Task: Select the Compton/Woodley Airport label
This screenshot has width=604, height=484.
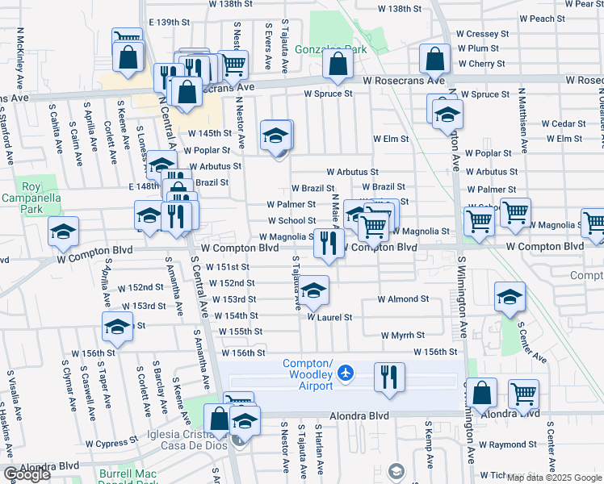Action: pos(308,374)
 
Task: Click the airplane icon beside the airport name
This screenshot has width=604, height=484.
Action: pos(346,372)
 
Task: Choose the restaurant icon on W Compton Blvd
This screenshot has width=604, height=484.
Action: pos(328,244)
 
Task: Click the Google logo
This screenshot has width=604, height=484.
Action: pos(27,474)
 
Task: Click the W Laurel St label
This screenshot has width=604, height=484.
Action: pos(329,317)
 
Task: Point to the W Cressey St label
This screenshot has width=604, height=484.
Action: pos(482,35)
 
